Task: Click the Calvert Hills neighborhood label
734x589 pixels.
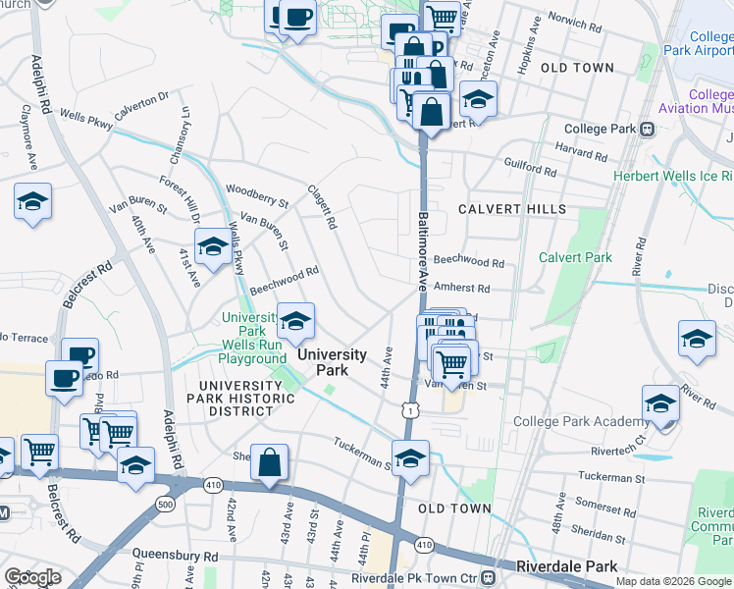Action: pyautogui.click(x=511, y=209)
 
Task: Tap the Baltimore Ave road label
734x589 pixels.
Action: pyautogui.click(x=423, y=250)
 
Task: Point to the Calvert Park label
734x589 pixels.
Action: pyautogui.click(x=575, y=257)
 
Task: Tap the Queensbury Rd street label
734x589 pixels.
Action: pyautogui.click(x=177, y=556)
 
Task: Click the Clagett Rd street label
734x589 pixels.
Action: pyautogui.click(x=322, y=208)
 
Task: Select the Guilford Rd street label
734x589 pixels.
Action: pyautogui.click(x=531, y=169)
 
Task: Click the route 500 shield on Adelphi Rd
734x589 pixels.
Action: pyautogui.click(x=165, y=504)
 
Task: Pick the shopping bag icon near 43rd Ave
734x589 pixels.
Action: pyautogui.click(x=269, y=461)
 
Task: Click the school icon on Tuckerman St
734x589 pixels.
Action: pyautogui.click(x=410, y=456)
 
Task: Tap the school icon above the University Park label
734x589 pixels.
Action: pyautogui.click(x=295, y=320)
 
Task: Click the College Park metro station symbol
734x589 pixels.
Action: pyautogui.click(x=648, y=129)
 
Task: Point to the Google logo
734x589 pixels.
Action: pyautogui.click(x=32, y=577)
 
